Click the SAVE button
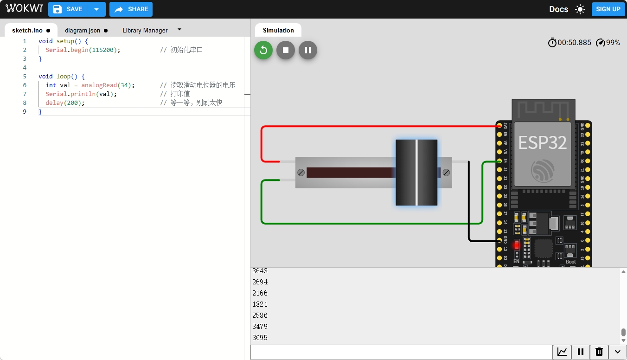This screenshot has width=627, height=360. pos(68,9)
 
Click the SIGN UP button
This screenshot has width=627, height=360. pos(608,9)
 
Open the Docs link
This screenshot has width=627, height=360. pos(558,9)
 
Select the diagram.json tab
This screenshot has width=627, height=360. pos(83,30)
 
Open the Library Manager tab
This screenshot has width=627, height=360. pos(145,30)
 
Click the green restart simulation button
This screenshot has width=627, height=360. pos(263,50)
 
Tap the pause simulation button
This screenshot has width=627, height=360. pos(308,50)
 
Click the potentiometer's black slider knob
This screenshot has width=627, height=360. pos(416,173)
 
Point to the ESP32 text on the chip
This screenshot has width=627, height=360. pos(542,142)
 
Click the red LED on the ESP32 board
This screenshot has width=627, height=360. pos(516,245)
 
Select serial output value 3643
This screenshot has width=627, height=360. pos(260,271)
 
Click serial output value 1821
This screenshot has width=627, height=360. pos(260,304)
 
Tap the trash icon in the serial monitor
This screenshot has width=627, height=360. pos(599,352)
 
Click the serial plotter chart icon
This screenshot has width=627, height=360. pos(562,352)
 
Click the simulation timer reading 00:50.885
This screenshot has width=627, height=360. pos(574,43)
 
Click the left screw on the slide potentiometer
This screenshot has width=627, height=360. pos(301,173)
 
